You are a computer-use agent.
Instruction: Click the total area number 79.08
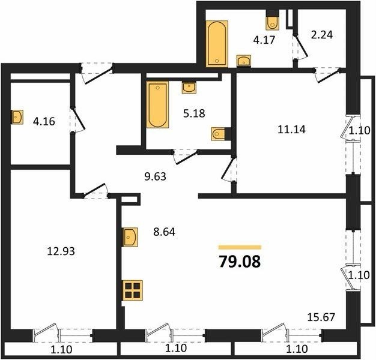(240, 262)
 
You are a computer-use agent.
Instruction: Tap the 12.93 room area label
(61, 251)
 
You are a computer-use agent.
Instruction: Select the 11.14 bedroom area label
(291, 130)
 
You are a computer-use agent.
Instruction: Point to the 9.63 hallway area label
(156, 176)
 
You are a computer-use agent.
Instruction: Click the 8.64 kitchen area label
(164, 232)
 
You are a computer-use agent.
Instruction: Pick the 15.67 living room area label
(321, 317)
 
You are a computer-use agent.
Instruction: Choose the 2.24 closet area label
(322, 35)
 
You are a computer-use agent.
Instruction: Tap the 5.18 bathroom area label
(194, 113)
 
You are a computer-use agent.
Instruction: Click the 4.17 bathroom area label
(264, 40)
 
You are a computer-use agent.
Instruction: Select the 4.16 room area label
(44, 121)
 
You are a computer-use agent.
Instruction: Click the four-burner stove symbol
(133, 290)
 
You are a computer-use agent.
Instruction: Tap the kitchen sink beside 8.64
(130, 237)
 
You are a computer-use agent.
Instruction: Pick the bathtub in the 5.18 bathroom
(157, 104)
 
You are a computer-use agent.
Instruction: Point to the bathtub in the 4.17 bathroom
(217, 44)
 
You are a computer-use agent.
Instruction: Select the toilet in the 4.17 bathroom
(273, 22)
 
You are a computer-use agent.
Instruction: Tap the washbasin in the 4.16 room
(17, 117)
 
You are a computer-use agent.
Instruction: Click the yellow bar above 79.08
(240, 247)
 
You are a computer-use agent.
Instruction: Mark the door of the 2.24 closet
(301, 46)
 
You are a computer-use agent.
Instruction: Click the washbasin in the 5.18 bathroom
(189, 87)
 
